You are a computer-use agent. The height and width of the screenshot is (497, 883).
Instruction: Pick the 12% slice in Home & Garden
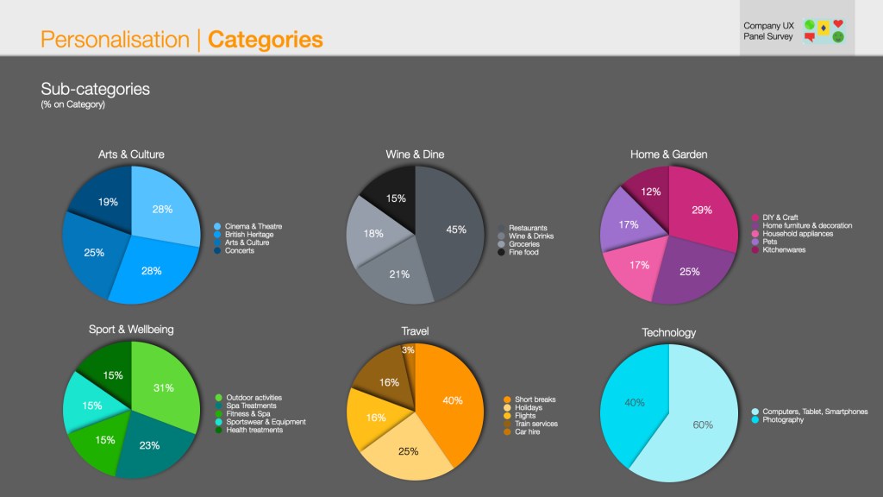point(650,190)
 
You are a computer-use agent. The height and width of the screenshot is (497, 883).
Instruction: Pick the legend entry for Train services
point(535,424)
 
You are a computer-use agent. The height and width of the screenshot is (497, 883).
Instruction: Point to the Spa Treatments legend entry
point(251,406)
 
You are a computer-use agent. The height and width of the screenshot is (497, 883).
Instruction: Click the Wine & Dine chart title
point(415,154)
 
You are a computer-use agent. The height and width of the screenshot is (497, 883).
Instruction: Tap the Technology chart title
point(668,332)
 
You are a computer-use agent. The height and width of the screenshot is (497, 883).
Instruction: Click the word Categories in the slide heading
point(266,40)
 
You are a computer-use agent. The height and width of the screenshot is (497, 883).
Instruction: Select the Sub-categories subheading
point(96,89)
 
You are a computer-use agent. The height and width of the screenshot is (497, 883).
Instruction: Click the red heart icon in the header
point(838,24)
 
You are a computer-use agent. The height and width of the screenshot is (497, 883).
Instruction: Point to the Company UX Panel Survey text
point(768,31)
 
